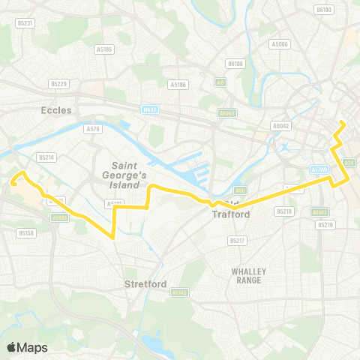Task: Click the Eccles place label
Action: (57, 109)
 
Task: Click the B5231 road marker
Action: (25, 23)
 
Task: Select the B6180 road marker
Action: (324, 10)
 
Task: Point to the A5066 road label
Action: (279, 43)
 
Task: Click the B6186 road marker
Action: (236, 64)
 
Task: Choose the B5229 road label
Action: (58, 84)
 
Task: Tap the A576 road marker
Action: (94, 129)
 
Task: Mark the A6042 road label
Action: (281, 126)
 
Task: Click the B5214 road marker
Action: (46, 157)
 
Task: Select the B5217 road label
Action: (237, 241)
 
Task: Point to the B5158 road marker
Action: (25, 232)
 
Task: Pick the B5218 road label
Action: (283, 211)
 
